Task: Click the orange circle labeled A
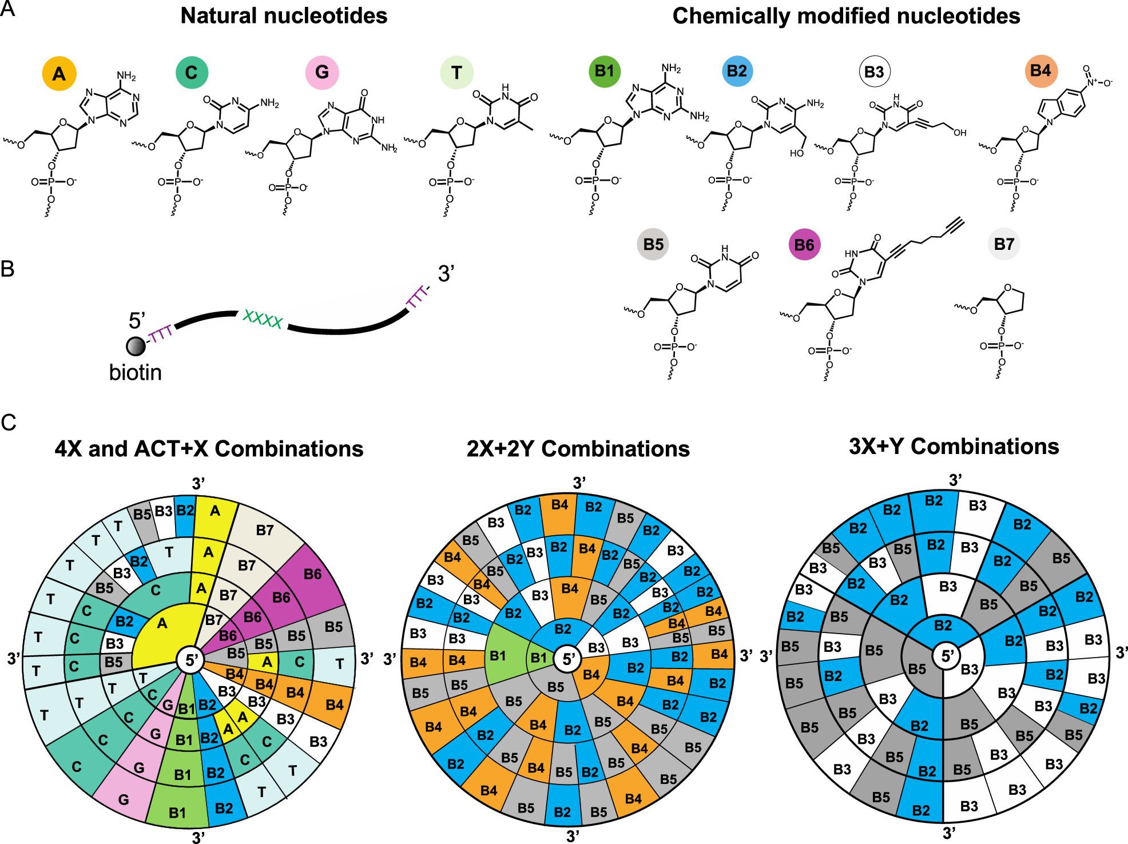click(x=59, y=73)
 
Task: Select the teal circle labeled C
click(x=192, y=73)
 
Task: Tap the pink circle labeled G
click(x=322, y=73)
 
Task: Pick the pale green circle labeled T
click(x=456, y=73)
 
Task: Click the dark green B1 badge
click(x=604, y=71)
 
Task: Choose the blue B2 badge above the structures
click(x=737, y=71)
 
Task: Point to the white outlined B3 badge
click(x=875, y=72)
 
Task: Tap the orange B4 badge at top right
click(x=1040, y=71)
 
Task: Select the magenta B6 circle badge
click(x=804, y=245)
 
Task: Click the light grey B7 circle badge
click(x=1004, y=244)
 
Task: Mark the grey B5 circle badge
click(x=653, y=244)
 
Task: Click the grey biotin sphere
click(x=136, y=346)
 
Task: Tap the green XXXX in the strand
click(x=263, y=319)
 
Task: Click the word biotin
click(x=136, y=372)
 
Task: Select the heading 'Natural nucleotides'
click(x=284, y=16)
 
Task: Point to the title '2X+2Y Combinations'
click(x=578, y=449)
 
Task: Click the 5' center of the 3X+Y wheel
click(x=947, y=656)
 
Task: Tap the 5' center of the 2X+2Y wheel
click(x=568, y=659)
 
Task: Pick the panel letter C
click(x=9, y=423)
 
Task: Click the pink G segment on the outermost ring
click(x=123, y=799)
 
